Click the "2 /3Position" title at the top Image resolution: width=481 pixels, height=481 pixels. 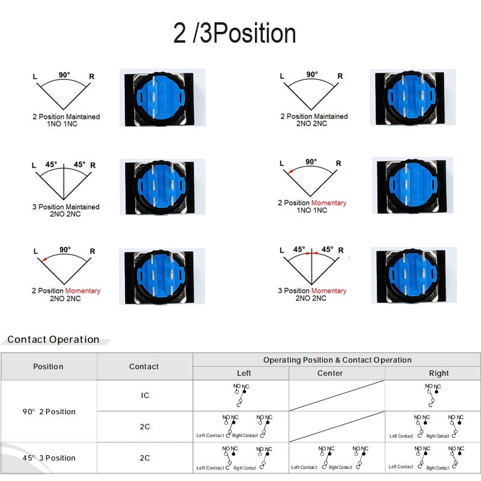[x=234, y=34]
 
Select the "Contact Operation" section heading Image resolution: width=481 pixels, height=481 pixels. [x=54, y=340]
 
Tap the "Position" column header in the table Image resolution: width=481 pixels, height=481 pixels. [x=48, y=367]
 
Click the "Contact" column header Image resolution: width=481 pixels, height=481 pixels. [x=144, y=367]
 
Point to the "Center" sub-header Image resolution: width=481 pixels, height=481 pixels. [x=330, y=373]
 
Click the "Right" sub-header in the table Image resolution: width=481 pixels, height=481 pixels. [x=439, y=373]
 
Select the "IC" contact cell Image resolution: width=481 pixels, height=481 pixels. [x=144, y=396]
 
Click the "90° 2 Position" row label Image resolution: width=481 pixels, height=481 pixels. [x=49, y=412]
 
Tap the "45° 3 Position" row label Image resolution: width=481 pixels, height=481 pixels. [x=49, y=458]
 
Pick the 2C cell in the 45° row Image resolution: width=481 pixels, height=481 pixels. [x=144, y=458]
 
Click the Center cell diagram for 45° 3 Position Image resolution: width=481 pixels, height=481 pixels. [x=337, y=458]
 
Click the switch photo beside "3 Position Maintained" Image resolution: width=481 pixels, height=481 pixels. [x=162, y=186]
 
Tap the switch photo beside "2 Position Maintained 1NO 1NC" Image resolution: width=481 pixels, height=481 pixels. [x=162, y=97]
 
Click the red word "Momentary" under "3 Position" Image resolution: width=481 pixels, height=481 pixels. [x=329, y=291]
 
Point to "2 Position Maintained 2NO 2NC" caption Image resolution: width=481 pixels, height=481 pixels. [x=314, y=120]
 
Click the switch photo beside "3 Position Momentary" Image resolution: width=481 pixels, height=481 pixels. [x=412, y=275]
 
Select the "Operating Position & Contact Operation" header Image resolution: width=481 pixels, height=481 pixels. [x=337, y=360]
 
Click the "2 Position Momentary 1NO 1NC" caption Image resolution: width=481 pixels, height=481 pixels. [x=312, y=207]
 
